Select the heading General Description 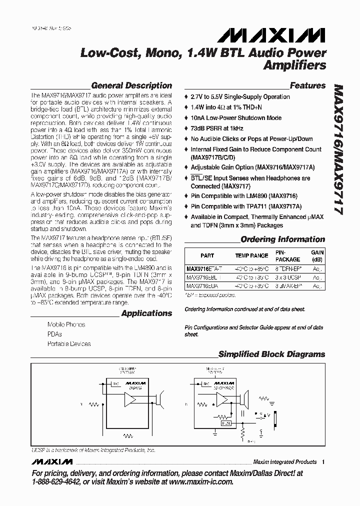click(132, 85)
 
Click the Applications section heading click(146, 313)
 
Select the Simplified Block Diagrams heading click(271, 354)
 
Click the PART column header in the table click(207, 255)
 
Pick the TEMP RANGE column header click(251, 255)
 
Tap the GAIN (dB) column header click(317, 255)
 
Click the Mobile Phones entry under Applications click(66, 324)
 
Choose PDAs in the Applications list click(55, 334)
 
